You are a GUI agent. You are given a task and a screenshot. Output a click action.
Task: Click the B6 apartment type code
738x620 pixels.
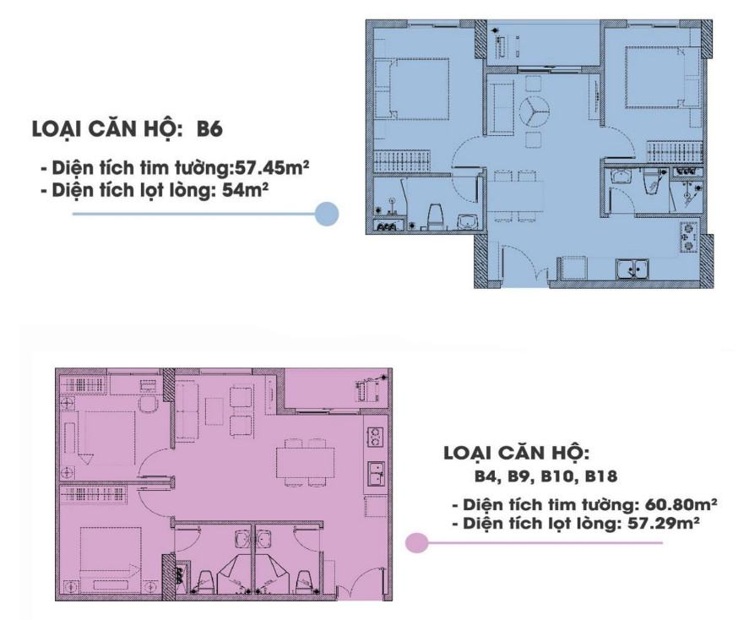click(209, 129)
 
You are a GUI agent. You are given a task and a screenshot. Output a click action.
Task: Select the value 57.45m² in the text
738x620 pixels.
click(272, 167)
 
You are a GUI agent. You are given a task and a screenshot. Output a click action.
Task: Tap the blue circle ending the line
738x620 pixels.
click(327, 214)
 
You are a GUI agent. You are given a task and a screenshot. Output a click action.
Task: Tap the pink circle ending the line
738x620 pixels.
click(416, 543)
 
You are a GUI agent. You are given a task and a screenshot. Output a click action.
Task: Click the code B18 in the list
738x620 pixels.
click(600, 476)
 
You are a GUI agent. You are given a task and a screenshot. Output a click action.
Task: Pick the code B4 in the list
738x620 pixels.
click(486, 476)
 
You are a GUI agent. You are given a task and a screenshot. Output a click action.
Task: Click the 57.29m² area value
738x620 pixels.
click(662, 523)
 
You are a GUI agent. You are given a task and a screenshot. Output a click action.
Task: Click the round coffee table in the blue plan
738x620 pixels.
click(535, 111)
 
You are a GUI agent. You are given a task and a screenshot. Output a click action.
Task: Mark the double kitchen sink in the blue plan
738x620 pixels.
click(633, 269)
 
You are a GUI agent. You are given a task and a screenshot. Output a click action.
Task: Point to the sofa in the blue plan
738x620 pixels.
click(500, 106)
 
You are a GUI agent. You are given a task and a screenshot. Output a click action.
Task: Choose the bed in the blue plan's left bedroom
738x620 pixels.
click(411, 89)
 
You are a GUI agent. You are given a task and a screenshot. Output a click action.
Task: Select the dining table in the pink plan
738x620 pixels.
click(305, 462)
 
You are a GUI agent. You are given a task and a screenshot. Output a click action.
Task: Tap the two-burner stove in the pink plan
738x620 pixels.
click(375, 437)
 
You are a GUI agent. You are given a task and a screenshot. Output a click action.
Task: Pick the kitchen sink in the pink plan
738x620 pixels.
click(376, 475)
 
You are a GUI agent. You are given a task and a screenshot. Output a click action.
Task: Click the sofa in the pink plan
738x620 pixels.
click(187, 411)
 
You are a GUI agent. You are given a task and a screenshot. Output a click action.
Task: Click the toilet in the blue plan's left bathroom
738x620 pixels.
click(436, 216)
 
